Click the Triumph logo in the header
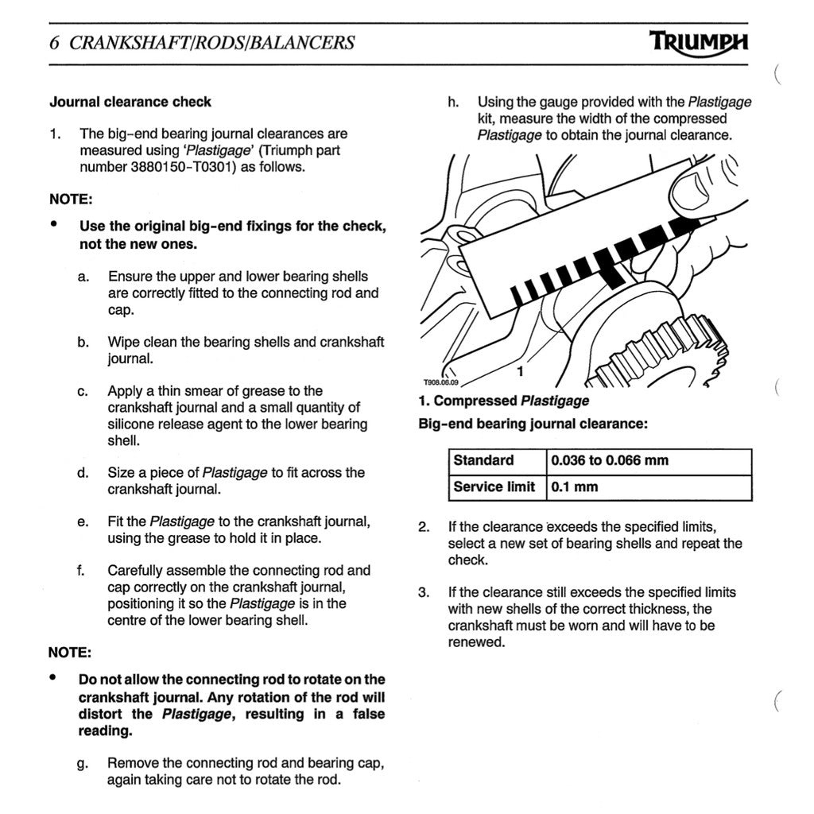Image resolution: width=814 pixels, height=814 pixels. coord(698,42)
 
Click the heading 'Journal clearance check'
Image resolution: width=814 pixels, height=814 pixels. coord(130,102)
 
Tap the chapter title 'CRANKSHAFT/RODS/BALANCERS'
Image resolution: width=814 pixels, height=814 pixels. coord(212,43)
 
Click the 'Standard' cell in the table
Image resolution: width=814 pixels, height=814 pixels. coord(483,461)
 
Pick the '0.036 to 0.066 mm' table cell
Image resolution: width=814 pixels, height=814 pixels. coord(610,461)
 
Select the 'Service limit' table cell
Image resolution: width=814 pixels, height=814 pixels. coord(494,486)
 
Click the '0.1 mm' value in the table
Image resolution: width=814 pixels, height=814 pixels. coord(575,486)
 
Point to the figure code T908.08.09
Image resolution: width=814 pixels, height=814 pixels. coord(440,382)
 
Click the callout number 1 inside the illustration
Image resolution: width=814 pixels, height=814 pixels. coord(519,370)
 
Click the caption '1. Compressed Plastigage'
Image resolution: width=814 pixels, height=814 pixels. coord(504,401)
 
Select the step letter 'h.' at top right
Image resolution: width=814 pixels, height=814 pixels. coord(453,102)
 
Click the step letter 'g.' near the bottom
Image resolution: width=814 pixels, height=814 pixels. coord(82,763)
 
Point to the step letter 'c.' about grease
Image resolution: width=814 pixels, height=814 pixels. coord(83,391)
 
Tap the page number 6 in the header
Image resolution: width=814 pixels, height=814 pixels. coord(54,43)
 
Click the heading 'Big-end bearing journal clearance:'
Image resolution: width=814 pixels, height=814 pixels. coord(533,424)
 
